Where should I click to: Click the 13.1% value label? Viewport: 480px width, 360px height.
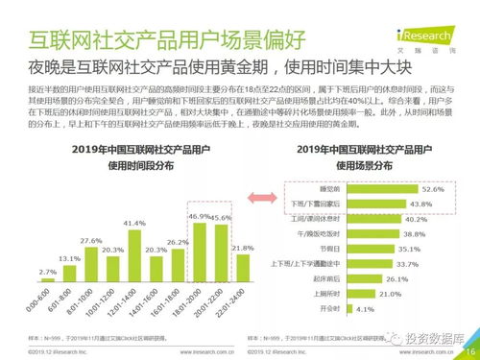coord(68,258)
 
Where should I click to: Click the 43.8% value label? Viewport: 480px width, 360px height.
coord(420,204)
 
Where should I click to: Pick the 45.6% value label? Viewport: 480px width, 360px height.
coord(222,219)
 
